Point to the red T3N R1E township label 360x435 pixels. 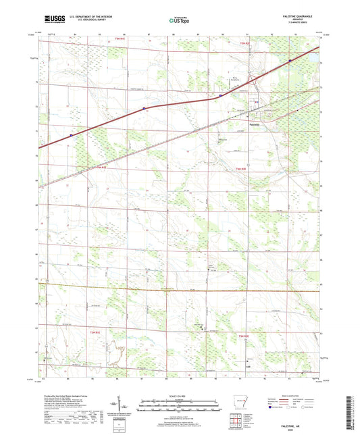point(92,333)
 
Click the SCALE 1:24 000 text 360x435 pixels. point(179,395)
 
